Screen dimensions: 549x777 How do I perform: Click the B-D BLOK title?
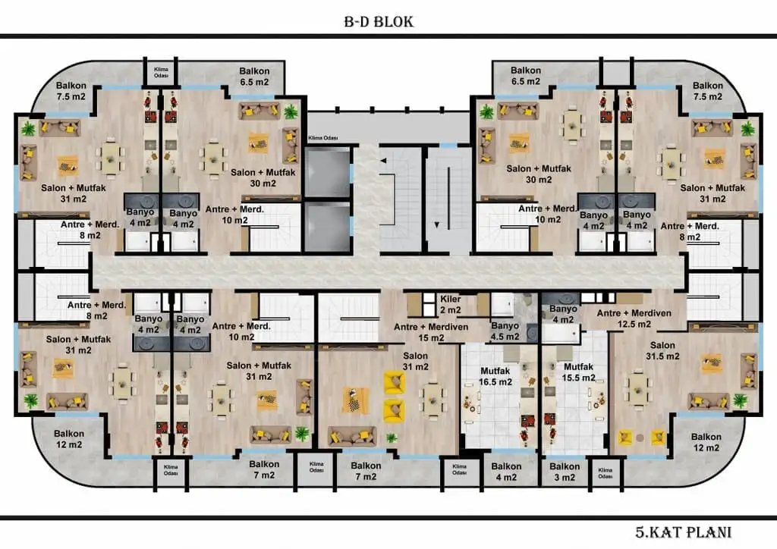tap(379, 21)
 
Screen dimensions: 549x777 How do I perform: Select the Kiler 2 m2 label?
tap(450, 304)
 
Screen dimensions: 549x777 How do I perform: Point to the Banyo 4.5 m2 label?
tap(505, 331)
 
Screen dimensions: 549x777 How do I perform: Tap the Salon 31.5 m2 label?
tap(661, 351)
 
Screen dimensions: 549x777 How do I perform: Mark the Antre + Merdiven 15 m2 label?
tap(432, 331)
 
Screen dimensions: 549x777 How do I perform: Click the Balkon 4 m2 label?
tap(506, 472)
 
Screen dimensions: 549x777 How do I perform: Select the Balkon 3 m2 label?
tap(565, 472)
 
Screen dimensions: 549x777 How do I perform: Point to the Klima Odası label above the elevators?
tap(323, 139)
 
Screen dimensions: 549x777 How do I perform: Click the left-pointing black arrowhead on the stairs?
tap(385, 161)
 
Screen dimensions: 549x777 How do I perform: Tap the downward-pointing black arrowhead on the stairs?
tap(436, 224)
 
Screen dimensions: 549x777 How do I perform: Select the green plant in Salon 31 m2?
tap(392, 438)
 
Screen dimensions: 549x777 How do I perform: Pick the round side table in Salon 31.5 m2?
tap(640, 438)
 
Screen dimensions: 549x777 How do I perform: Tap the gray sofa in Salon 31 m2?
tap(352, 435)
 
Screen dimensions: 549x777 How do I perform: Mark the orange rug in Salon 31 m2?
tap(354, 400)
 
